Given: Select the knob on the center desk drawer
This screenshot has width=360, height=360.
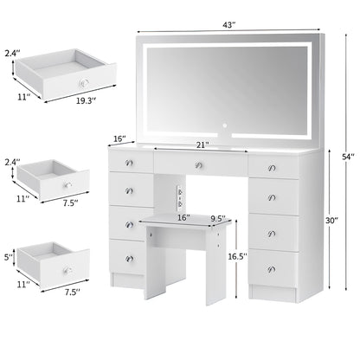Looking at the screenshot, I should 198,164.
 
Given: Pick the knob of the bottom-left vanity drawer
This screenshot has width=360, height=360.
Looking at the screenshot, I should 129,256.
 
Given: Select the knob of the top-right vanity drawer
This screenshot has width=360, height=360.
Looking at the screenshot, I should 271,164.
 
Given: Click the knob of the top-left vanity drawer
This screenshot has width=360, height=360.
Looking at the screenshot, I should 129,164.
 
